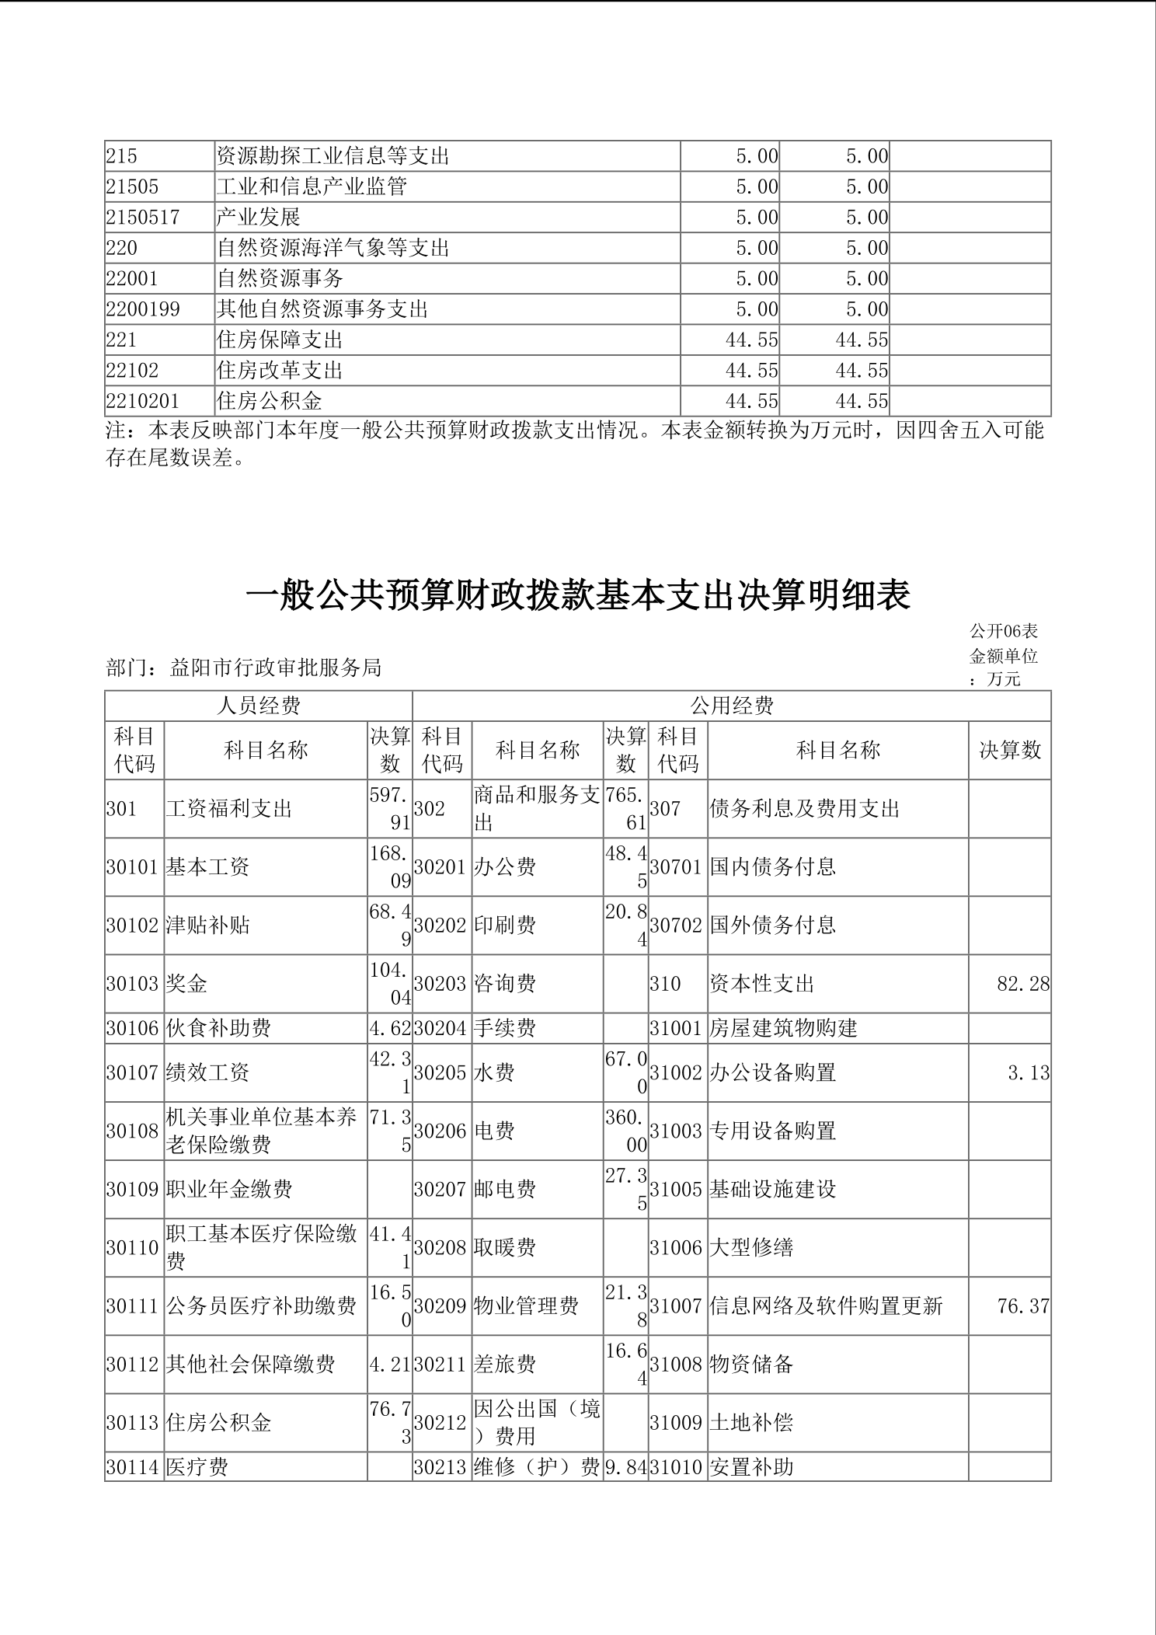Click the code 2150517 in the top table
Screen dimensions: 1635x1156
click(x=143, y=218)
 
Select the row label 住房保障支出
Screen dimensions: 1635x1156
click(x=280, y=340)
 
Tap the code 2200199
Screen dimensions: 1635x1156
click(x=143, y=310)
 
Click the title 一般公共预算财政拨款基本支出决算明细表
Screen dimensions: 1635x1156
click(x=578, y=596)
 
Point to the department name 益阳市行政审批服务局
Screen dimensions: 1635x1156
click(x=276, y=668)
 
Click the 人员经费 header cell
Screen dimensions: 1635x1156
click(x=259, y=706)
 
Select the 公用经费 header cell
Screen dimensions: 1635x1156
click(x=732, y=706)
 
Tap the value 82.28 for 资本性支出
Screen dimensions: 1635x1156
click(x=1023, y=984)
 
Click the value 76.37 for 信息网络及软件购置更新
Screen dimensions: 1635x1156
click(x=1023, y=1306)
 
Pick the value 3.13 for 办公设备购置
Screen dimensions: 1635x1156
click(x=1029, y=1073)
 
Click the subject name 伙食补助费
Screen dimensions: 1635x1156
click(x=218, y=1028)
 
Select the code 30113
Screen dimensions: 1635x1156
click(x=133, y=1423)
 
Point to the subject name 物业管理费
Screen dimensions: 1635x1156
click(x=526, y=1306)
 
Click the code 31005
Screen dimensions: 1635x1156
click(x=676, y=1190)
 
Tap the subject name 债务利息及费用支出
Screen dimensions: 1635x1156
click(x=804, y=809)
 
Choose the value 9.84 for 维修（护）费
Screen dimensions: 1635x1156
click(x=625, y=1467)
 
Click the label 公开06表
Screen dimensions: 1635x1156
click(x=1004, y=631)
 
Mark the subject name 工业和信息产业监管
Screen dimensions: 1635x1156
click(x=312, y=187)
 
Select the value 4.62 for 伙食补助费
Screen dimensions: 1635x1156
click(x=390, y=1028)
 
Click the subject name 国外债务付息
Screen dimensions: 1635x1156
click(x=772, y=925)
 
